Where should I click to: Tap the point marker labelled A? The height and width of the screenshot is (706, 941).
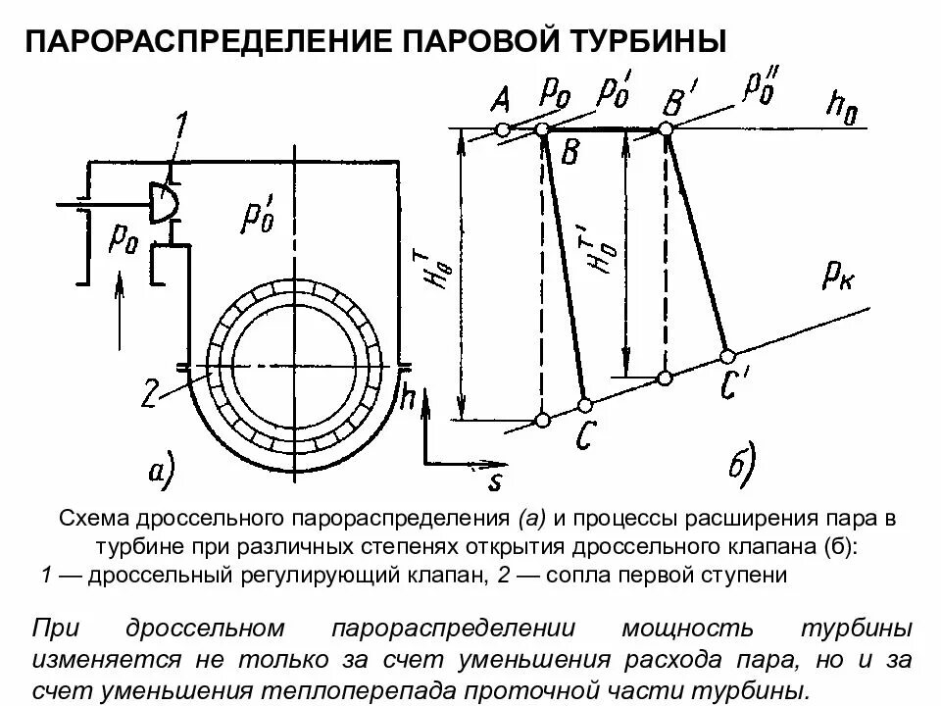pyautogui.click(x=503, y=129)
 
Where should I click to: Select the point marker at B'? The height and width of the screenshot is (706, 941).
pyautogui.click(x=667, y=129)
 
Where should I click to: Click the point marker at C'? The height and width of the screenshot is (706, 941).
pyautogui.click(x=727, y=354)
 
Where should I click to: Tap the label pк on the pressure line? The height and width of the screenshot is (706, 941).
pyautogui.click(x=839, y=277)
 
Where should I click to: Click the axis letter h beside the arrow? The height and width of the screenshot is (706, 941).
pyautogui.click(x=409, y=397)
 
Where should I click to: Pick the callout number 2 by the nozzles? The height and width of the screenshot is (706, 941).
pyautogui.click(x=149, y=395)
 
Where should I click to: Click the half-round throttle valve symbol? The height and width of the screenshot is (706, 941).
pyautogui.click(x=165, y=201)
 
